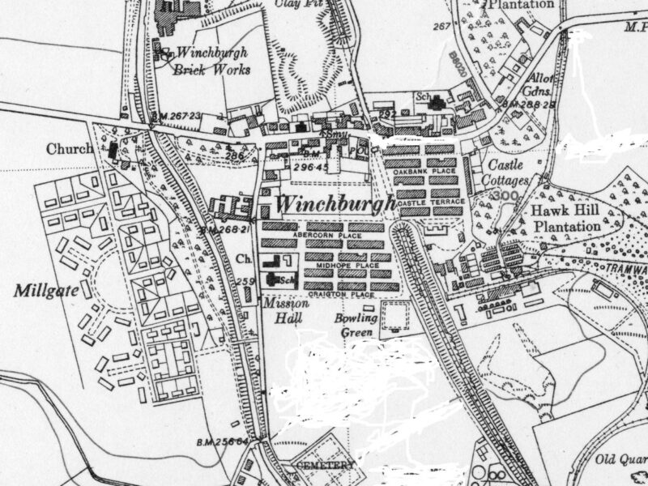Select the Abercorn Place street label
point(321,236)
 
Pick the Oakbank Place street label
point(421,173)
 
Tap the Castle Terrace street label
point(428,201)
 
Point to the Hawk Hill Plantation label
point(566,218)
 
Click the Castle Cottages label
point(505,173)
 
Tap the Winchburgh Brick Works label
point(211,61)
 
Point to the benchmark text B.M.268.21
point(224,230)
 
